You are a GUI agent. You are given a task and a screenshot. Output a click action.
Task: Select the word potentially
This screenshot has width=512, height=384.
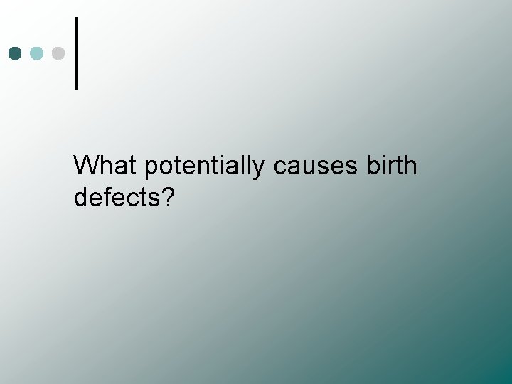pos(205,167)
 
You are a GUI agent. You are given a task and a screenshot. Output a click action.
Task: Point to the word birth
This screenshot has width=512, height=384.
pos(392,166)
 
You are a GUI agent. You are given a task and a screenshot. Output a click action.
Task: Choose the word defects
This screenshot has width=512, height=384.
pos(117,198)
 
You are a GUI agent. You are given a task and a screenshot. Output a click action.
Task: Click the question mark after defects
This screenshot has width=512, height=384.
pos(168,198)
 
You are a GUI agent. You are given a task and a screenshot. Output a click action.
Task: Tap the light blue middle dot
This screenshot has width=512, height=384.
pos(38,53)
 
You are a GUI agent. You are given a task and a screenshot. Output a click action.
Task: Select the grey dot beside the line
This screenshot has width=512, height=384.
pos(59,53)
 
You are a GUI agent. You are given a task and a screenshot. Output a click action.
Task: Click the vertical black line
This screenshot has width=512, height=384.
pos(76,53)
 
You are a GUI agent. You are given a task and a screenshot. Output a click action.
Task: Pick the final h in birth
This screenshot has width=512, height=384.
pos(410,166)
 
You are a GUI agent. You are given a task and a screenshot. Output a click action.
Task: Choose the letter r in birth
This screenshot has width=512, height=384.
pos(390,168)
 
